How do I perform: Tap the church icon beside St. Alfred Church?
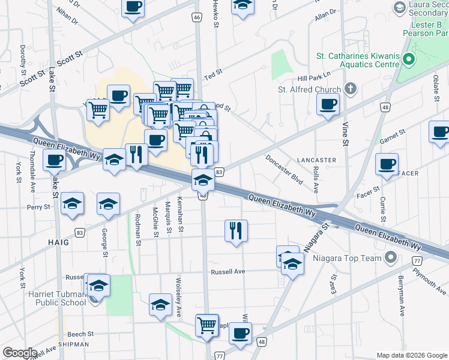pos(351,90)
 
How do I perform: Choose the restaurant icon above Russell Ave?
pos(236,230)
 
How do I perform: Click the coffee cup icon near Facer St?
pos(387,164)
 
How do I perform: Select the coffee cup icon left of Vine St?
pos(328,103)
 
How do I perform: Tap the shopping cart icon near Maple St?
pos(207,325)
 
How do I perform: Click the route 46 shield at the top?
pos(197,17)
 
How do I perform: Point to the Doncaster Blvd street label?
pos(285,170)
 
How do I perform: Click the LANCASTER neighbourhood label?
pos(316,160)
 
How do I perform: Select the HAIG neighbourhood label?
pos(58,242)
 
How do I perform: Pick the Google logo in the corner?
pos(20,353)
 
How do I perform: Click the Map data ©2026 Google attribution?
pos(411,355)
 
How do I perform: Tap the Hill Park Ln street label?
pos(315,79)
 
